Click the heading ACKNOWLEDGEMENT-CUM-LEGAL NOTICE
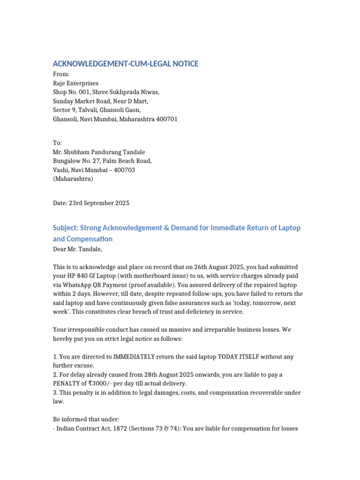click(125, 64)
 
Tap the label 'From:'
click(61, 75)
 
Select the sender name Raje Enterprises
click(75, 83)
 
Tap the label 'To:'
click(57, 143)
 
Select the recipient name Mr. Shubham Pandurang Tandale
click(98, 152)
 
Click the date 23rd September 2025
click(99, 203)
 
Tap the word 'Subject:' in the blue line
click(65, 228)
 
